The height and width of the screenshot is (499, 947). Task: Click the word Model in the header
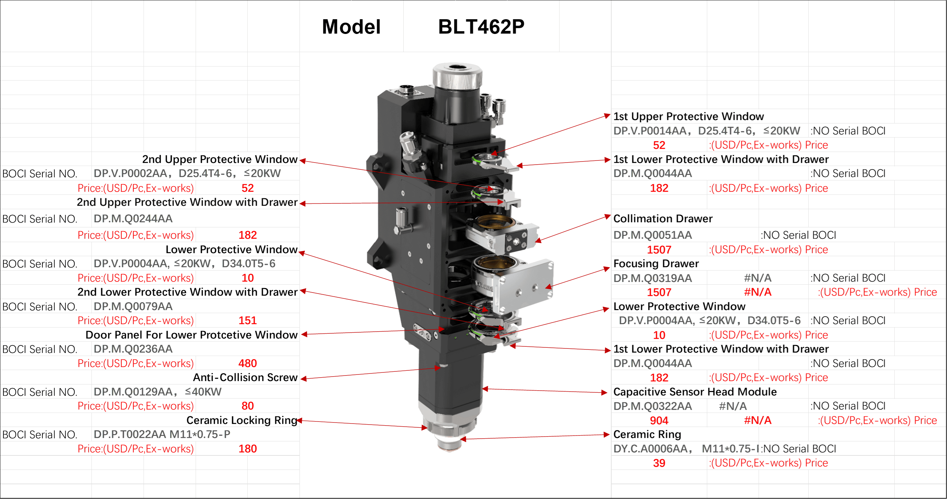click(x=351, y=27)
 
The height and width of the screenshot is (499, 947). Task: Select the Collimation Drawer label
click(x=663, y=218)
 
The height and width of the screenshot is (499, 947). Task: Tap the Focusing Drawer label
click(x=656, y=263)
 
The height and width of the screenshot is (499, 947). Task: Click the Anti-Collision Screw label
click(x=245, y=377)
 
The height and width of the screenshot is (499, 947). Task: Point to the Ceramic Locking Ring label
click(x=242, y=420)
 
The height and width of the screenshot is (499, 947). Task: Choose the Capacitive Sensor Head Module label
click(x=695, y=392)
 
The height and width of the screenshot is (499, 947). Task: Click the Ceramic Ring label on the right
click(x=647, y=435)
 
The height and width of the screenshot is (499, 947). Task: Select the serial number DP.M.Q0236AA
click(x=133, y=349)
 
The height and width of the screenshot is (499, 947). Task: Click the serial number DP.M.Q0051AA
click(x=653, y=235)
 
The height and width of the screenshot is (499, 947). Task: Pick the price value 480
click(x=247, y=363)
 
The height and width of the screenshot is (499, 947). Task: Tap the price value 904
click(x=659, y=420)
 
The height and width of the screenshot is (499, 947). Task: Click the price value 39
click(x=659, y=463)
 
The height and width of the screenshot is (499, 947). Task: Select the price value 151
click(x=247, y=321)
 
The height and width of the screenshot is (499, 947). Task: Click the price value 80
click(x=247, y=406)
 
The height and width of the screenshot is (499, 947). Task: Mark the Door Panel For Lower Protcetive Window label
click(x=192, y=335)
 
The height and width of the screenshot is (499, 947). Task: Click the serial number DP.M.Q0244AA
click(x=133, y=218)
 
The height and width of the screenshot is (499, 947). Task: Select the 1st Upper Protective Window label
click(x=688, y=116)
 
